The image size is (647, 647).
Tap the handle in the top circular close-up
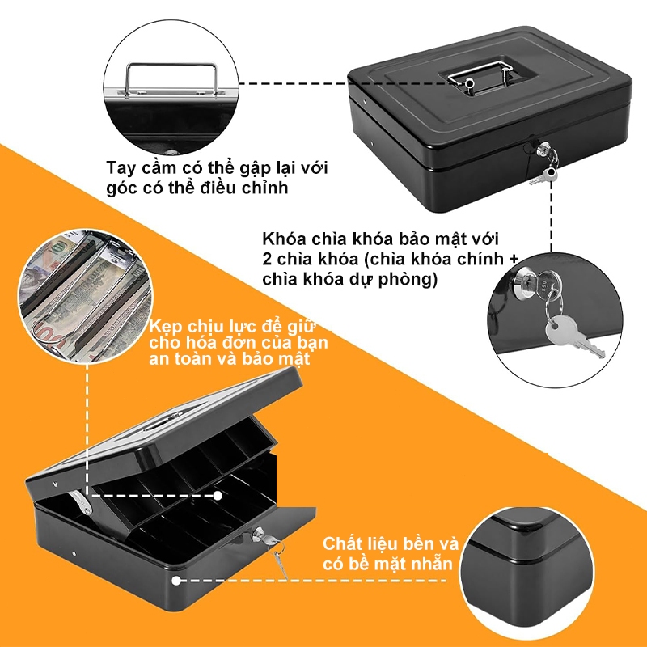pyautogui.click(x=171, y=66)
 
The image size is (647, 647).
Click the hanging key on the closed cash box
pyautogui.click(x=543, y=176)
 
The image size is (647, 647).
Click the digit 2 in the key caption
pyautogui.click(x=268, y=259)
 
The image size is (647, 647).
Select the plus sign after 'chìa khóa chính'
pyautogui.click(x=514, y=259)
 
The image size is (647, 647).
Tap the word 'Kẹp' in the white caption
pyautogui.click(x=165, y=327)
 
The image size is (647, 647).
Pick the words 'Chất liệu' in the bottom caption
pyautogui.click(x=358, y=543)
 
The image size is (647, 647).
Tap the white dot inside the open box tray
pyautogui.click(x=218, y=495)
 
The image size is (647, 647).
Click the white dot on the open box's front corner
pyautogui.click(x=176, y=581)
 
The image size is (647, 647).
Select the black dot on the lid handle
pyautogui.click(x=469, y=84)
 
